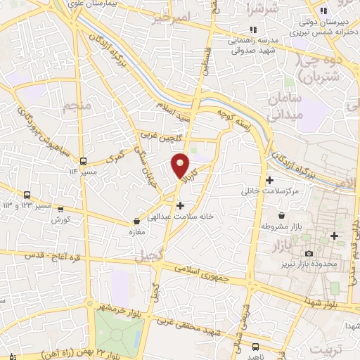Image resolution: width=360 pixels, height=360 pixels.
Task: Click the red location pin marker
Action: pos(181,167)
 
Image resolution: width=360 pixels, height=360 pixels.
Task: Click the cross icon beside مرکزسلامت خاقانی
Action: pos(270,180)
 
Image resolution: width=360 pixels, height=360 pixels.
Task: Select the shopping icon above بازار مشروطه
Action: pos(281,215)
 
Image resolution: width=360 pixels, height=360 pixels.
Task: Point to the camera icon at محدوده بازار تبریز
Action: pos(309,253)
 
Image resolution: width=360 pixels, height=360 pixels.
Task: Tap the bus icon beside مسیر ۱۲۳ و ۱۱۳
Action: pos(27,195)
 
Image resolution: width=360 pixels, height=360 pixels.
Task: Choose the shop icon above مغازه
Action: pos(135,220)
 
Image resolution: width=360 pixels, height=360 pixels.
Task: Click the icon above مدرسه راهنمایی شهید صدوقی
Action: pos(253,30)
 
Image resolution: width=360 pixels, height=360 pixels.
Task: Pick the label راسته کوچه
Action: pos(234,118)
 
